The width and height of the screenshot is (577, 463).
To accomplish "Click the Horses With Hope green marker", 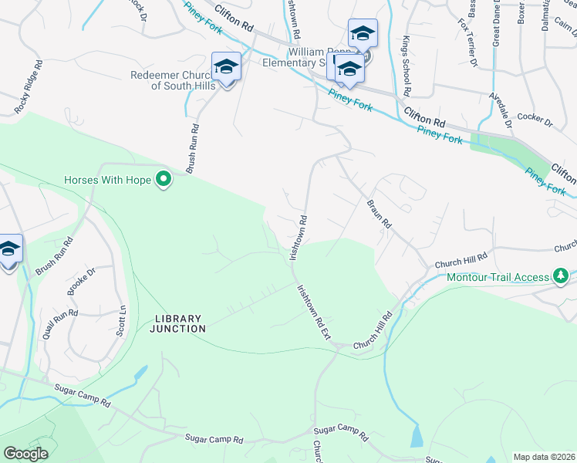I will [164, 181].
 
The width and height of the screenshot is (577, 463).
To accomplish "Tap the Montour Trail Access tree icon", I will [562, 275].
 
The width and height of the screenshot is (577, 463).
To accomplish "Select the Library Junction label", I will [178, 323].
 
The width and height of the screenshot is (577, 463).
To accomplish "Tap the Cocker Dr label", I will [536, 121].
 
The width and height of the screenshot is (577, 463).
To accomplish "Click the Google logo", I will [26, 454].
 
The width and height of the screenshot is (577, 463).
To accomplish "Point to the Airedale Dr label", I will [499, 110].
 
